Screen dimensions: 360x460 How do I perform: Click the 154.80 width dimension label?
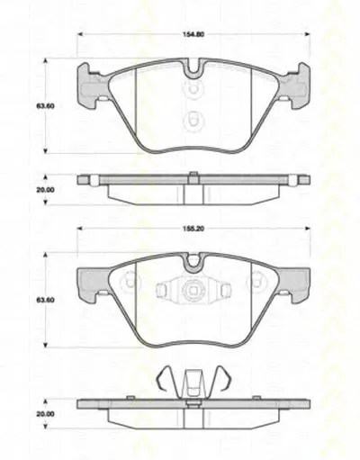tap(193, 34)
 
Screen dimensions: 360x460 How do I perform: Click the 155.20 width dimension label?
tap(193, 229)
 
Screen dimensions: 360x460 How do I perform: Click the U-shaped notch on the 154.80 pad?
tap(193, 68)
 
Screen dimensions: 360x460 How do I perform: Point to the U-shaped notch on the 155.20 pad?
tap(193, 262)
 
